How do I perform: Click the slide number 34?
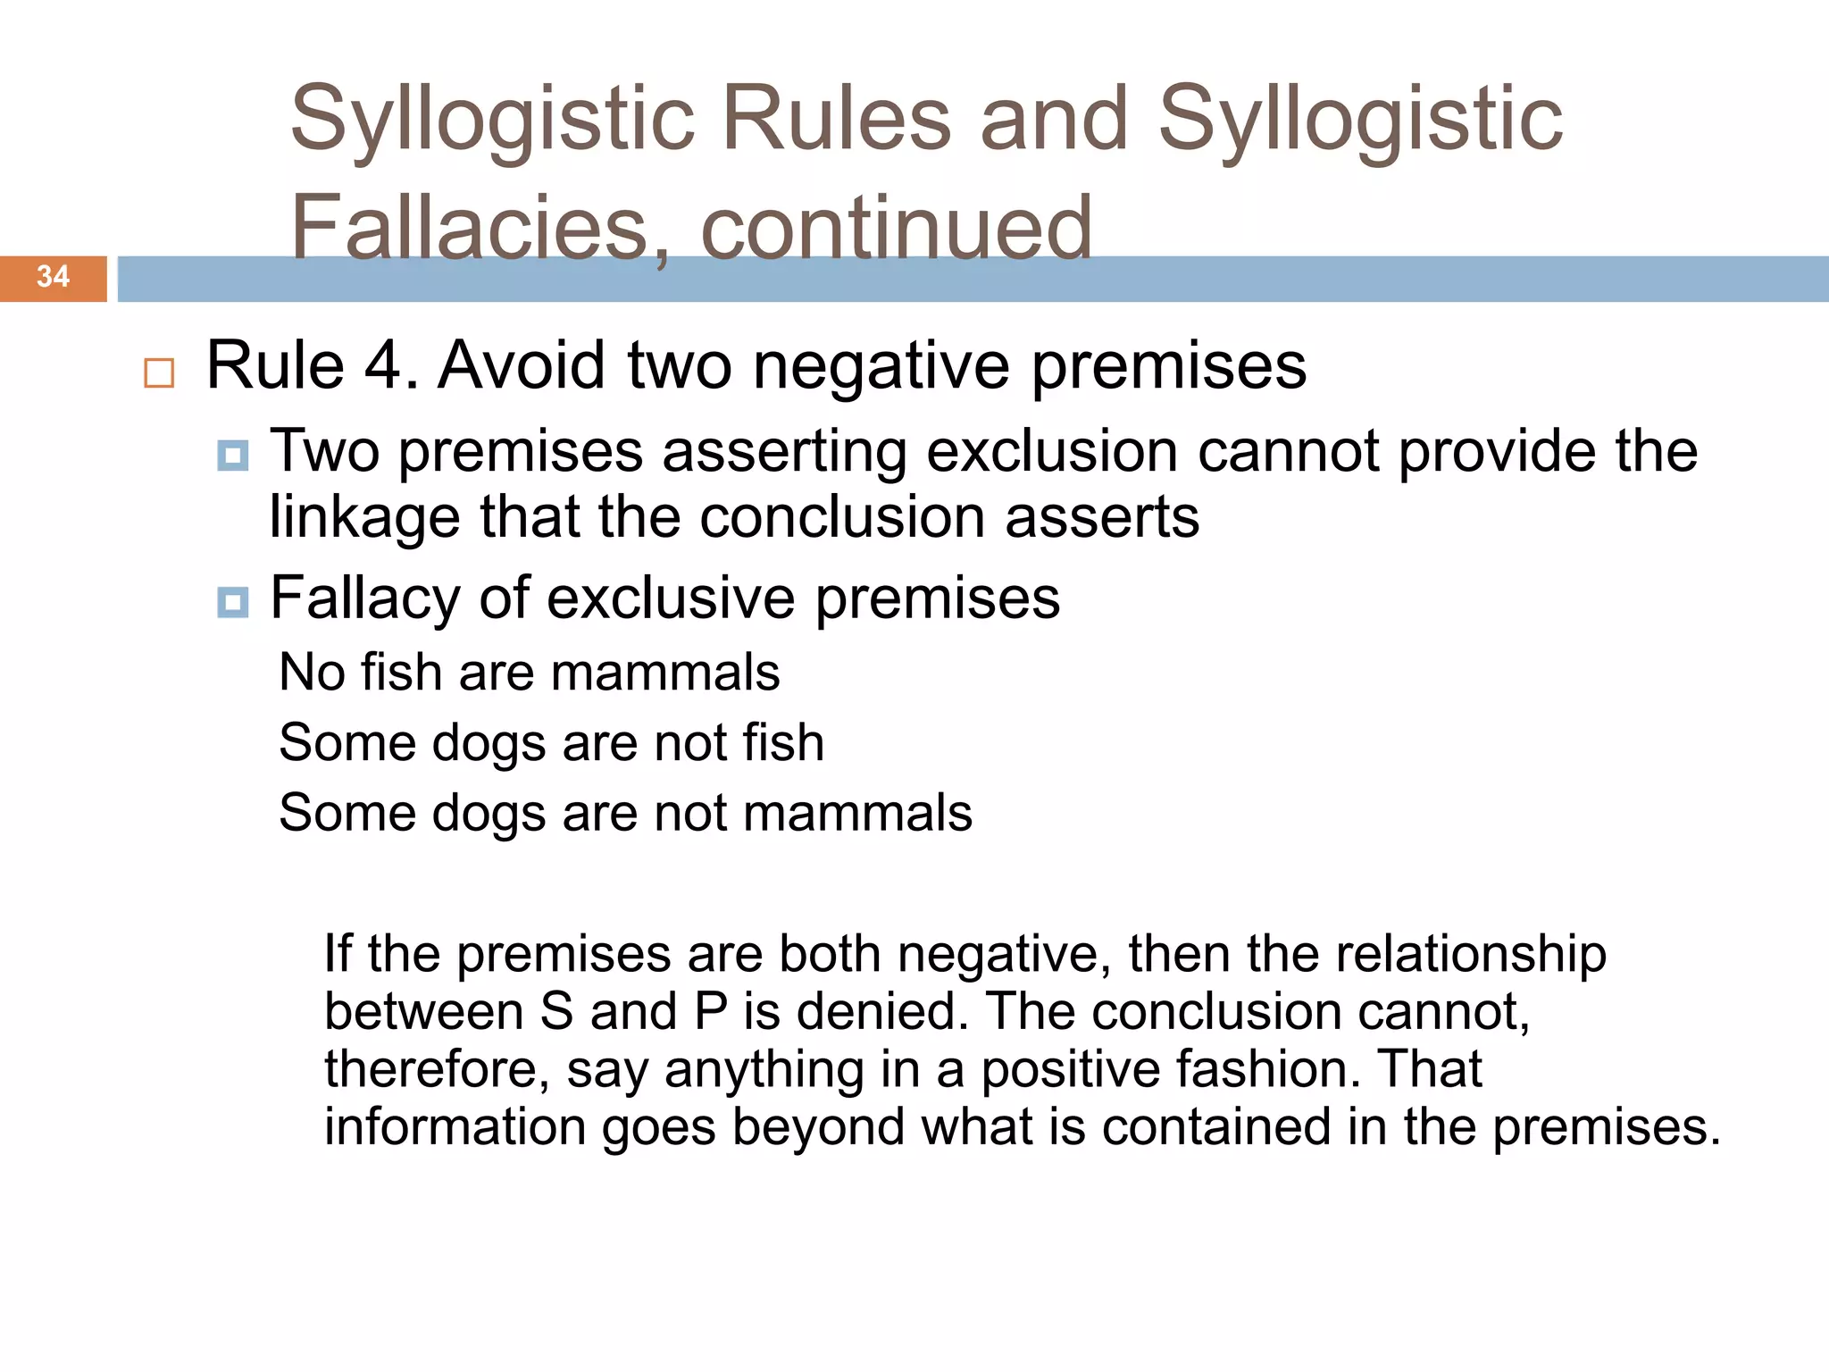pyautogui.click(x=53, y=277)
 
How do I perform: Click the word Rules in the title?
pyautogui.click(x=836, y=120)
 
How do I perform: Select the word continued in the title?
pyautogui.click(x=896, y=229)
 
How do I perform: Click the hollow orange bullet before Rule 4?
pyautogui.click(x=159, y=372)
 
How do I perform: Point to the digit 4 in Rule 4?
pyautogui.click(x=382, y=365)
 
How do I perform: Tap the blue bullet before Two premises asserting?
pyautogui.click(x=233, y=456)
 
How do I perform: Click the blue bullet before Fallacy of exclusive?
pyautogui.click(x=233, y=602)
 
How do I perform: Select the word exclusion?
pyautogui.click(x=1052, y=451)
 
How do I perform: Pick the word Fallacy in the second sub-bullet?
pyautogui.click(x=364, y=598)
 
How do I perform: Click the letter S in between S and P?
pyautogui.click(x=556, y=1012)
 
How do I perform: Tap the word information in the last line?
pyautogui.click(x=454, y=1127)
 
